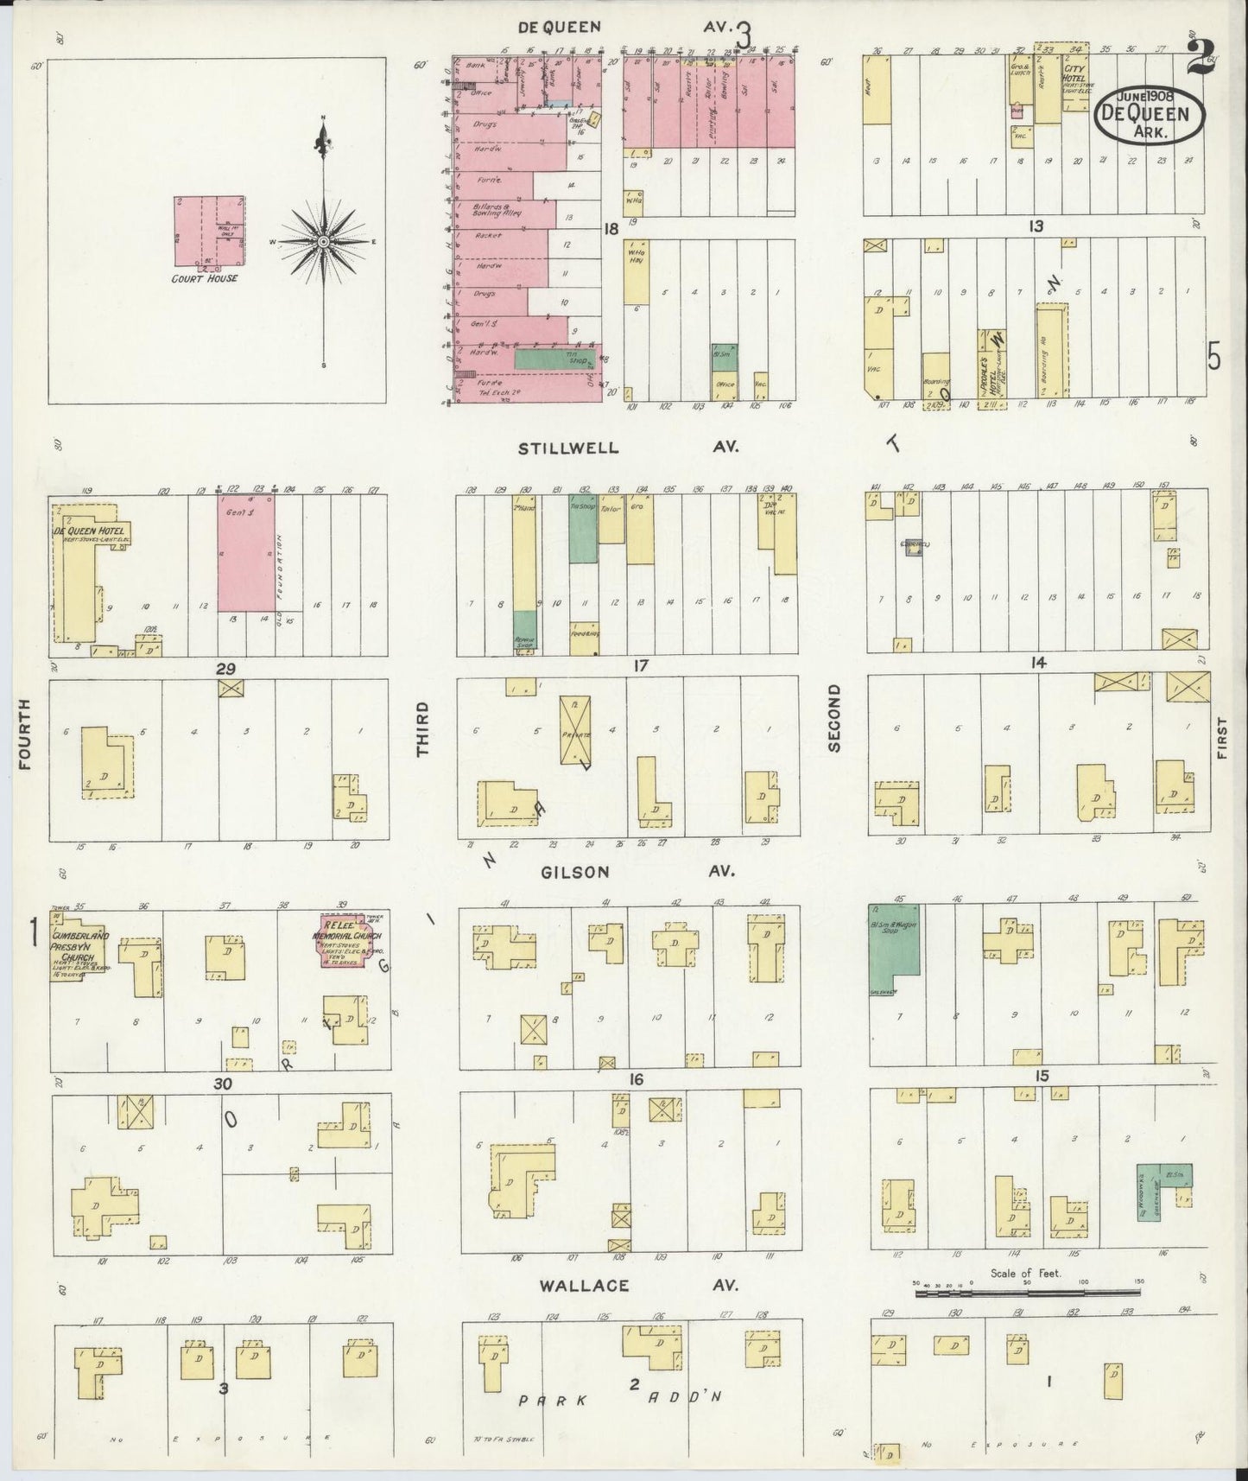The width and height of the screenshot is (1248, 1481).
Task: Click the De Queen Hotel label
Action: pos(89,531)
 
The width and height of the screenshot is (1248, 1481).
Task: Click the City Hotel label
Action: pos(1074,76)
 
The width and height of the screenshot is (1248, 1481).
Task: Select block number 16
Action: pos(638,1079)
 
